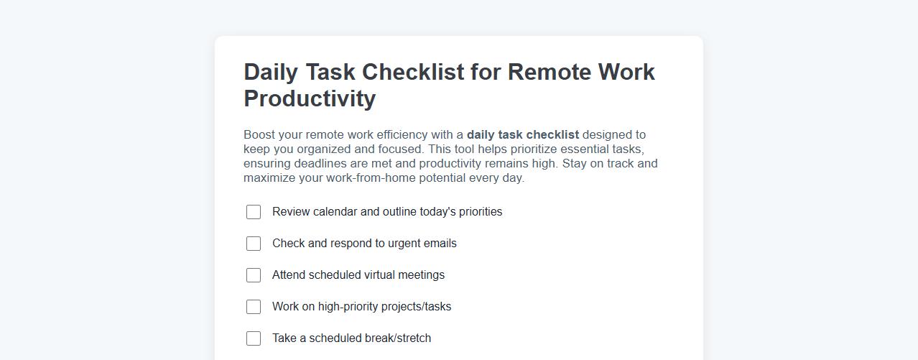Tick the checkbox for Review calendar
[x=254, y=212]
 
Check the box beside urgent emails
[x=254, y=244]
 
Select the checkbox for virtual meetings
[x=254, y=275]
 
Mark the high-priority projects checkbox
[x=254, y=307]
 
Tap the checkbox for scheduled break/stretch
[x=254, y=338]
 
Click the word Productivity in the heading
[x=310, y=98]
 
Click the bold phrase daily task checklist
[x=522, y=134]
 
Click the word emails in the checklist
[x=438, y=244]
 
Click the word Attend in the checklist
[x=289, y=275]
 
